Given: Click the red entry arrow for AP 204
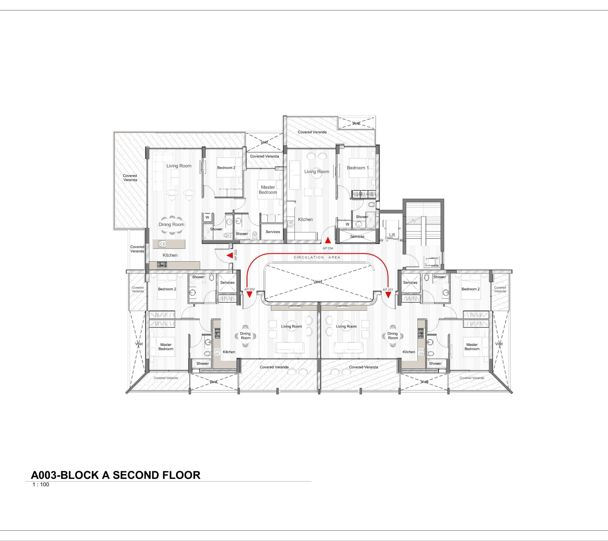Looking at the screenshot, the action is tap(328, 240).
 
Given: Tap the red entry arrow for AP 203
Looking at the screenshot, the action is tap(230, 256).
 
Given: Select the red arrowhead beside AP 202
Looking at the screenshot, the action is tap(249, 294).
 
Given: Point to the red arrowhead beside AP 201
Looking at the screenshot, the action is tap(388, 294).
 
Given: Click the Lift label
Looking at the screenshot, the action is tap(392, 235).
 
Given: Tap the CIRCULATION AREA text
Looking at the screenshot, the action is tap(317, 257).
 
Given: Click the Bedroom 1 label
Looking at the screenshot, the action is tap(357, 168).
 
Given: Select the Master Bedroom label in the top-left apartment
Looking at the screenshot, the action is tap(268, 190).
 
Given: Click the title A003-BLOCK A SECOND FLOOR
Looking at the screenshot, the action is tap(116, 475).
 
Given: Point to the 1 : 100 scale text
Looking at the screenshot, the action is tap(41, 484).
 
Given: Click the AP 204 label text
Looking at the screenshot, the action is tap(328, 248).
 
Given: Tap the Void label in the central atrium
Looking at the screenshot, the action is tap(318, 282).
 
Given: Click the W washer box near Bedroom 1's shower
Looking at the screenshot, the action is tap(347, 224).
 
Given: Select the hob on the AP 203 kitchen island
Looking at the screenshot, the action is tap(162, 244).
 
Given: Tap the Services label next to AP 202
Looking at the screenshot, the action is tap(227, 283).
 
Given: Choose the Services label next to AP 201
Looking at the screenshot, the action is tap(410, 283).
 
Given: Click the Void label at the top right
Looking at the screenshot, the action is tap(356, 123).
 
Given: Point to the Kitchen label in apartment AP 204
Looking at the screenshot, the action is tap(305, 219).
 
